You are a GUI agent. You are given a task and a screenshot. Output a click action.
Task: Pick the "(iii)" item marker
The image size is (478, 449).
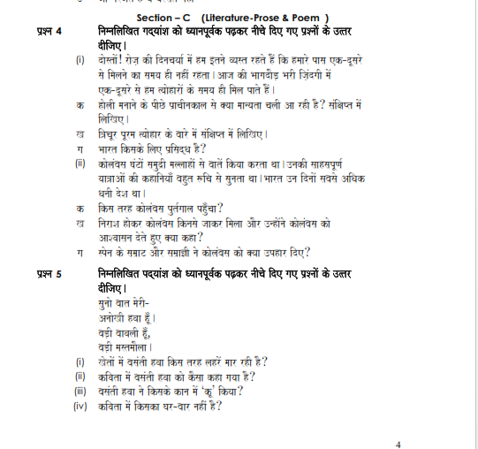click(x=80, y=391)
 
